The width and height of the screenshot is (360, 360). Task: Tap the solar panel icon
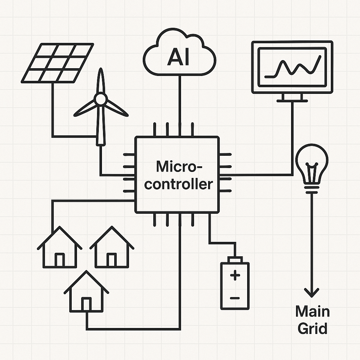[x=58, y=63]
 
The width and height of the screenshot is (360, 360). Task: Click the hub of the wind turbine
[x=101, y=99]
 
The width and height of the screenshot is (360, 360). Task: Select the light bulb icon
[x=312, y=163]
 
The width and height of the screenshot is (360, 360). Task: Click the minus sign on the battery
[x=234, y=298]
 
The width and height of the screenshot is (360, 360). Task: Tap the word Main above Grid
[x=312, y=311]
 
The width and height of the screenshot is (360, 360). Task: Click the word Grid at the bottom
[x=312, y=328]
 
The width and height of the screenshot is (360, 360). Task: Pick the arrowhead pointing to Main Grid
[x=312, y=291]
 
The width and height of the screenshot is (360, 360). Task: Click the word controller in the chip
[x=179, y=184]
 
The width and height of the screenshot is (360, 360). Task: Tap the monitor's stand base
[x=292, y=101]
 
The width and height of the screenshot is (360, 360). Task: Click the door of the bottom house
[x=86, y=304]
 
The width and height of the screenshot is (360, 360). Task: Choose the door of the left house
[x=59, y=260]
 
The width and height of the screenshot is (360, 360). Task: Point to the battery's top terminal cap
[x=234, y=259]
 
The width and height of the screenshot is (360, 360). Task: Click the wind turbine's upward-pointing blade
[x=101, y=80]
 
